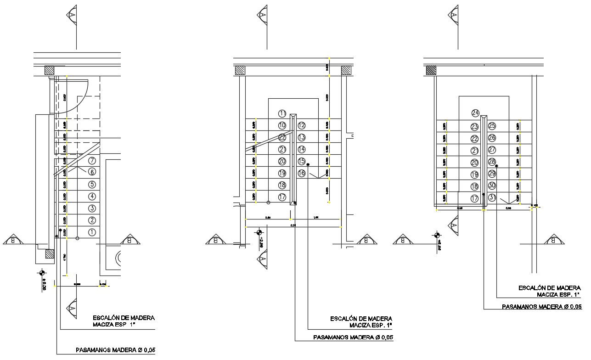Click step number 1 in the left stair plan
(92, 232)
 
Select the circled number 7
(92, 161)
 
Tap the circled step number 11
(282, 113)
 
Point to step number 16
(302, 174)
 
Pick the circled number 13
(302, 137)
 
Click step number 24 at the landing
(475, 113)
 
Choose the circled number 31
(492, 198)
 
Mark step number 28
(492, 162)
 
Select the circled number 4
(92, 197)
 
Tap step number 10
(282, 125)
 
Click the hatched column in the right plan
(431, 70)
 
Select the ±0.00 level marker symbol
(44, 273)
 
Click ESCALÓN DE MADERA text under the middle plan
(361, 318)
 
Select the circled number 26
(492, 138)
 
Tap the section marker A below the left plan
(72, 308)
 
